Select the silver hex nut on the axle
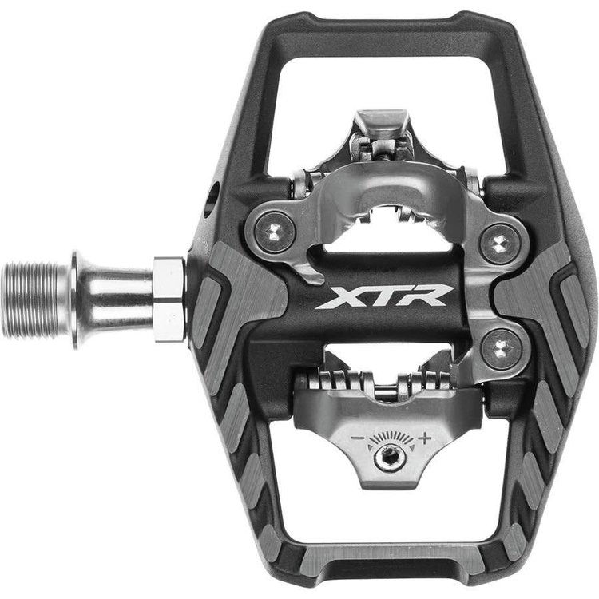pyautogui.click(x=169, y=299)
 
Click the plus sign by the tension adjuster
pyautogui.click(x=425, y=437)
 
